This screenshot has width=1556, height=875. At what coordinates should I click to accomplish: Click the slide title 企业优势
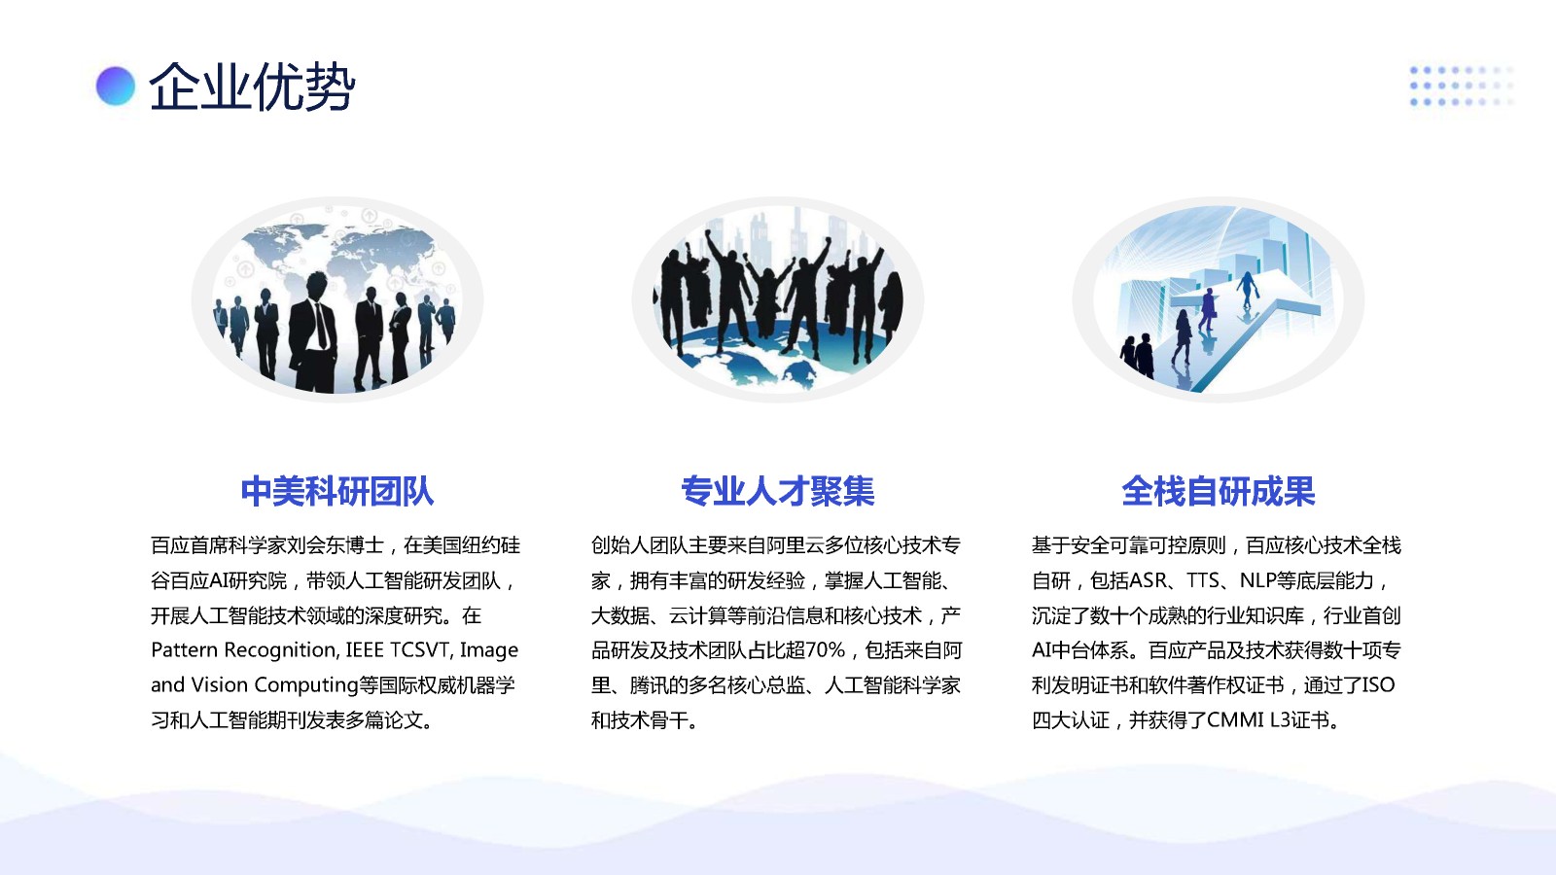pyautogui.click(x=252, y=87)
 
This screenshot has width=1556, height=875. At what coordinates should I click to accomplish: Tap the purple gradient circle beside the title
pyautogui.click(x=116, y=87)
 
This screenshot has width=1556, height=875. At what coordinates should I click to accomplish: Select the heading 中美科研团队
pyautogui.click(x=336, y=492)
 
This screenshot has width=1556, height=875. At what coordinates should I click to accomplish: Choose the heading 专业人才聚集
pyautogui.click(x=777, y=492)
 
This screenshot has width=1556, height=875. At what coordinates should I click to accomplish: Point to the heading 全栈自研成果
pyautogui.click(x=1218, y=492)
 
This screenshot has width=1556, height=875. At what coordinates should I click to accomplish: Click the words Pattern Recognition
pyautogui.click(x=244, y=650)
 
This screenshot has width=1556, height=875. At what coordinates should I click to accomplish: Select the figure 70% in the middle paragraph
pyautogui.click(x=826, y=650)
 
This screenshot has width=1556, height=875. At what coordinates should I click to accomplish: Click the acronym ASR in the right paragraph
pyautogui.click(x=1149, y=580)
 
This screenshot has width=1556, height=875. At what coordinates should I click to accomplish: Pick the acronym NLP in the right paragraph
pyautogui.click(x=1257, y=580)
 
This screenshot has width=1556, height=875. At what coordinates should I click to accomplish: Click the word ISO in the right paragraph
pyautogui.click(x=1377, y=684)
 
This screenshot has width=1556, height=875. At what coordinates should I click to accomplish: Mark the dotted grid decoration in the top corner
pyautogui.click(x=1462, y=87)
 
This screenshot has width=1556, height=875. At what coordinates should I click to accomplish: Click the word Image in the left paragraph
pyautogui.click(x=489, y=650)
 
